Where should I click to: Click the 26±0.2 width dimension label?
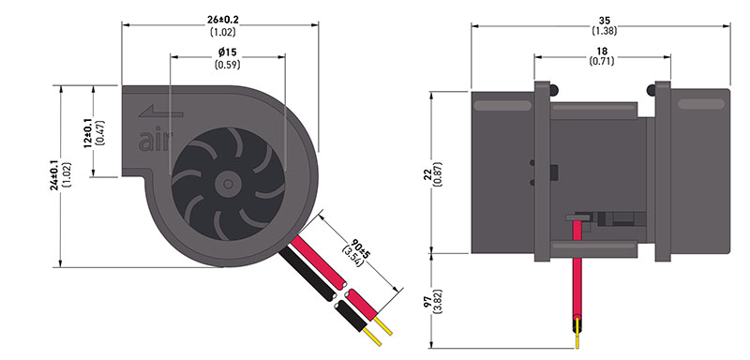click(x=223, y=20)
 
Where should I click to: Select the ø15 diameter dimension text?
click(x=228, y=52)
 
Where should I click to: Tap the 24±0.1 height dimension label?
click(x=54, y=176)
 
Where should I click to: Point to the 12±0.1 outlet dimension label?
click(x=88, y=133)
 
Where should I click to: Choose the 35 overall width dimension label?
click(x=605, y=21)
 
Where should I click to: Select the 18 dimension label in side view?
click(x=602, y=51)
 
